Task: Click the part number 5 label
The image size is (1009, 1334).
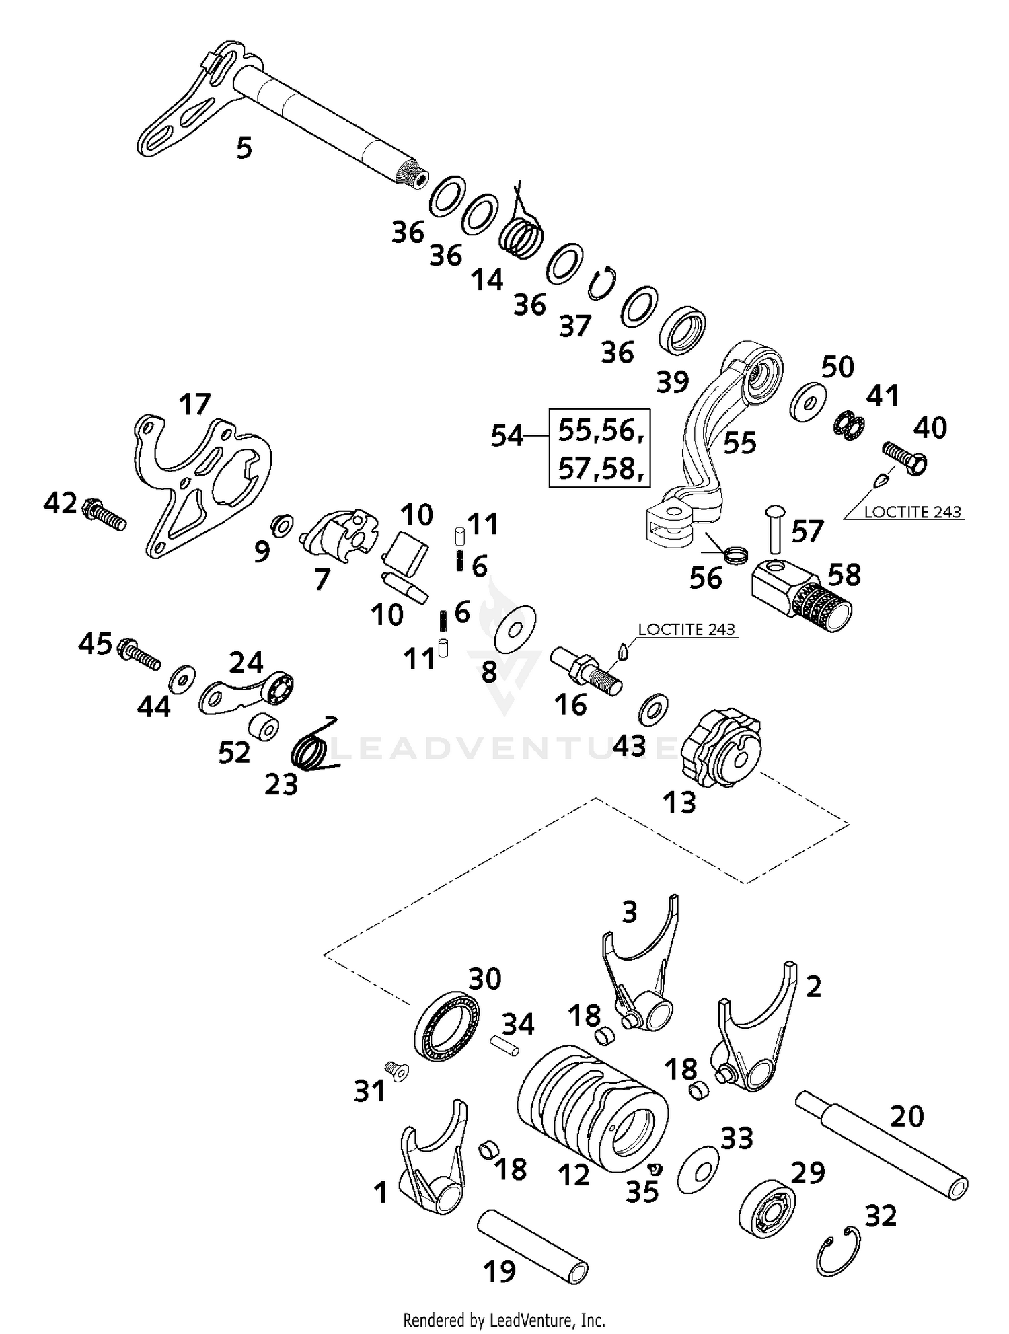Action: [244, 147]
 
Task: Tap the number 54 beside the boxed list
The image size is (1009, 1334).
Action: [507, 437]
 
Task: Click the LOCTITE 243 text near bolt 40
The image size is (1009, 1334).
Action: [913, 512]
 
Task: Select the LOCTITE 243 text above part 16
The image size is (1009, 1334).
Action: [686, 630]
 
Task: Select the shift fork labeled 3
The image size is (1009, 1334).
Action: [639, 969]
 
